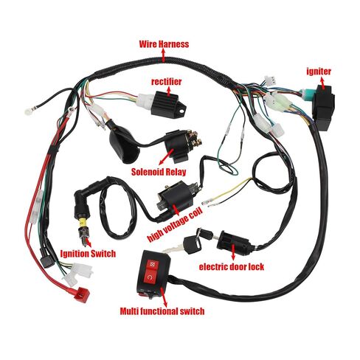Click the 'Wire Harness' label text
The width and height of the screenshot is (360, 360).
164,44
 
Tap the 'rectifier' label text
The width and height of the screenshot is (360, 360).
167,82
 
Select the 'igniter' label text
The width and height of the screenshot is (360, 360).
319,72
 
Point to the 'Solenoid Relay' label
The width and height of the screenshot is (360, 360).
159,172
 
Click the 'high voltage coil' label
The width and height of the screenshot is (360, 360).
175,225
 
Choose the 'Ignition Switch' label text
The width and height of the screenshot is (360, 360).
88,254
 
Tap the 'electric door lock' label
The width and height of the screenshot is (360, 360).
232,267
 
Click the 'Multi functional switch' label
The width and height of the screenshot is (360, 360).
162,311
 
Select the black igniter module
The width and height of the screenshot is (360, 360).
323,107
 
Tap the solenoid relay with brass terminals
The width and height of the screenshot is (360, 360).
183,146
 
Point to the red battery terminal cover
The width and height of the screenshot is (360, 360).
83,294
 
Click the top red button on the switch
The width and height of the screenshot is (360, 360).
151,265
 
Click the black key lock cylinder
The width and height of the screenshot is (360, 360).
233,243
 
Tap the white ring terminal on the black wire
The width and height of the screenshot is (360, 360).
28,112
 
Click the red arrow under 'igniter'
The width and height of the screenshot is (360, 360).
322,83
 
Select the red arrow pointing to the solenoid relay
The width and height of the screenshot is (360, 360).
166,156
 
